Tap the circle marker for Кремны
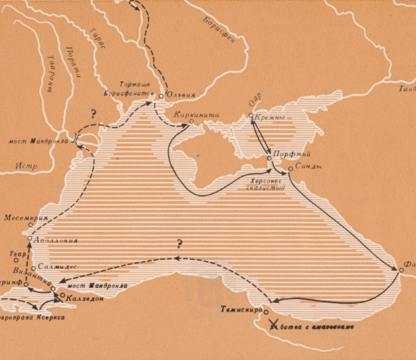click(251, 117)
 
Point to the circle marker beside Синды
click(290, 168)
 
